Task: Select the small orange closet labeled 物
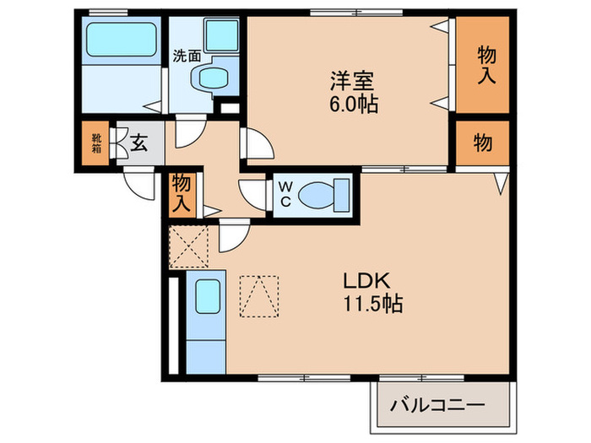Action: click(483, 144)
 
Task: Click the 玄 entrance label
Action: click(138, 144)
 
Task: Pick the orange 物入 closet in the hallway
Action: click(182, 193)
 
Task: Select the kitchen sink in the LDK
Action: click(207, 298)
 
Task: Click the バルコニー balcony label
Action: click(436, 406)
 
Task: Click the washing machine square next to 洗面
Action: click(221, 36)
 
